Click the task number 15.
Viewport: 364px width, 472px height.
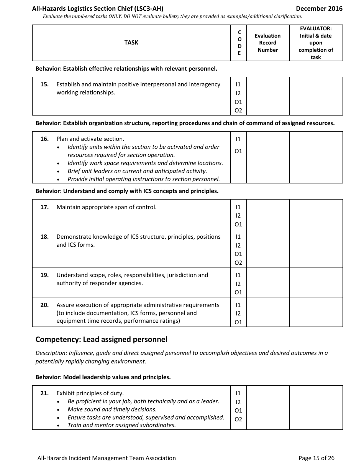[x=44, y=84]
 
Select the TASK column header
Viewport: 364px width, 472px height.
[x=131, y=43]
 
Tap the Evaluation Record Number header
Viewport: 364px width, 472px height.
[x=267, y=43]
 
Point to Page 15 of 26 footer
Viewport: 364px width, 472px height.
[x=316, y=458]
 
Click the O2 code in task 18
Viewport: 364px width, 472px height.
[x=238, y=263]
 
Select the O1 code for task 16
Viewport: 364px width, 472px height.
[x=238, y=151]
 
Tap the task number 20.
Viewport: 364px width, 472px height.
[x=44, y=305]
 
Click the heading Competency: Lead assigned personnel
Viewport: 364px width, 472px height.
[x=101, y=340]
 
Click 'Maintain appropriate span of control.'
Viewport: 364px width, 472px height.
[x=107, y=207]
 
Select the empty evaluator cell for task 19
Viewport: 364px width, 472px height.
[x=316, y=282]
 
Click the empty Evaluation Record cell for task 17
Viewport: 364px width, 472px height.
[x=267, y=214]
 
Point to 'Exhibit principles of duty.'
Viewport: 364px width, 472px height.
[x=90, y=393]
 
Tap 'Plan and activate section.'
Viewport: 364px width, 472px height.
[x=90, y=139]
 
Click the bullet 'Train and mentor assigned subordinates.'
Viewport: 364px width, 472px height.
[x=121, y=425]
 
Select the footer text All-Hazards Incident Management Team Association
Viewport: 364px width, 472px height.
[x=107, y=458]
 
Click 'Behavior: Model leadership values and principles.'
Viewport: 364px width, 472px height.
[x=103, y=377]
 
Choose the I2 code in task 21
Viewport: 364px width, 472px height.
[x=238, y=402]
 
